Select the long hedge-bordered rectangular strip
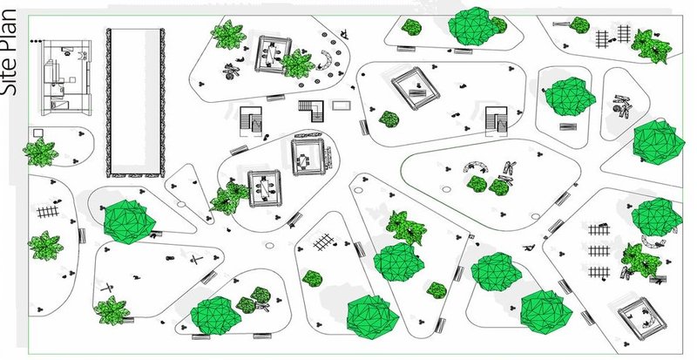(x=135, y=100)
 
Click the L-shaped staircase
(x=311, y=110)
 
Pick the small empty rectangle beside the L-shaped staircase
(x=342, y=106)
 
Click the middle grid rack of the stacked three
(x=598, y=250)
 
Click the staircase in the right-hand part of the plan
(x=497, y=119)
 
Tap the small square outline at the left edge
(x=38, y=132)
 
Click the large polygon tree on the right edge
(x=658, y=139)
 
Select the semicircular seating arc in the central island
(x=477, y=166)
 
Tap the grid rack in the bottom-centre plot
(x=324, y=242)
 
